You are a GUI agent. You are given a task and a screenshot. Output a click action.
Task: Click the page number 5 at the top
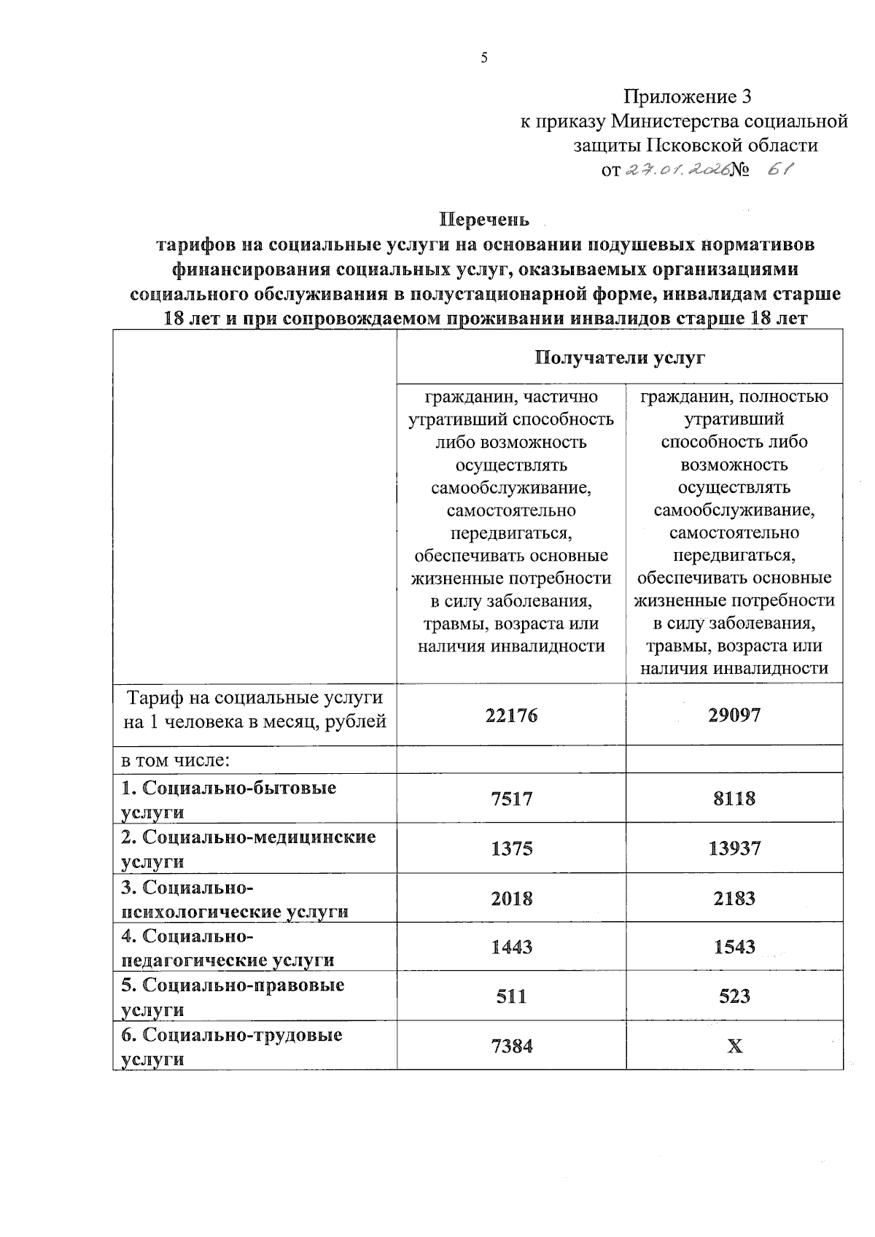click(x=483, y=59)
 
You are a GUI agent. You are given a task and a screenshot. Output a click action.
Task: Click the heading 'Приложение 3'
click(x=687, y=96)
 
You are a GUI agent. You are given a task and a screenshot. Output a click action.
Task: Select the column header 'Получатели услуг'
click(x=620, y=357)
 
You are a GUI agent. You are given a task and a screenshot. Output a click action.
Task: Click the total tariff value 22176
click(x=511, y=715)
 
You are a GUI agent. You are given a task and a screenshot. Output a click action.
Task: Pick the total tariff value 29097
click(x=734, y=715)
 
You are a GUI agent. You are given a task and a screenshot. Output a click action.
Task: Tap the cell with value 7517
click(x=511, y=799)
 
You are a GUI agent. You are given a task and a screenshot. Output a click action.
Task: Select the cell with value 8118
click(x=734, y=799)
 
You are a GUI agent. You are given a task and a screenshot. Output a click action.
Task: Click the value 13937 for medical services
click(x=734, y=848)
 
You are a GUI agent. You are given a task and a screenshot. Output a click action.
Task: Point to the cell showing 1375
click(x=511, y=848)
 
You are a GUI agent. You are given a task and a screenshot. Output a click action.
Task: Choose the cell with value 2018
click(x=511, y=898)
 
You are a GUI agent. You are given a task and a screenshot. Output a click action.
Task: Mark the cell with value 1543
click(x=734, y=947)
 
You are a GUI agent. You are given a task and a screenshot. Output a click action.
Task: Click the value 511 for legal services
click(x=511, y=996)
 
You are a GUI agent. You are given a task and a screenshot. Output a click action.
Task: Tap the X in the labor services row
click(x=734, y=1046)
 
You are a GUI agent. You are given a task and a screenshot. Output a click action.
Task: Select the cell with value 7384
click(x=511, y=1046)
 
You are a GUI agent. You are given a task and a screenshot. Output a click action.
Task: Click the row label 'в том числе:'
click(x=176, y=760)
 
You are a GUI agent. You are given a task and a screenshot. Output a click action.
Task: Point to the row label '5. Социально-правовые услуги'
click(x=232, y=996)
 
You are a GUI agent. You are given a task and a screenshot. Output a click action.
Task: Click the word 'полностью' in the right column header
click(x=787, y=397)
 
